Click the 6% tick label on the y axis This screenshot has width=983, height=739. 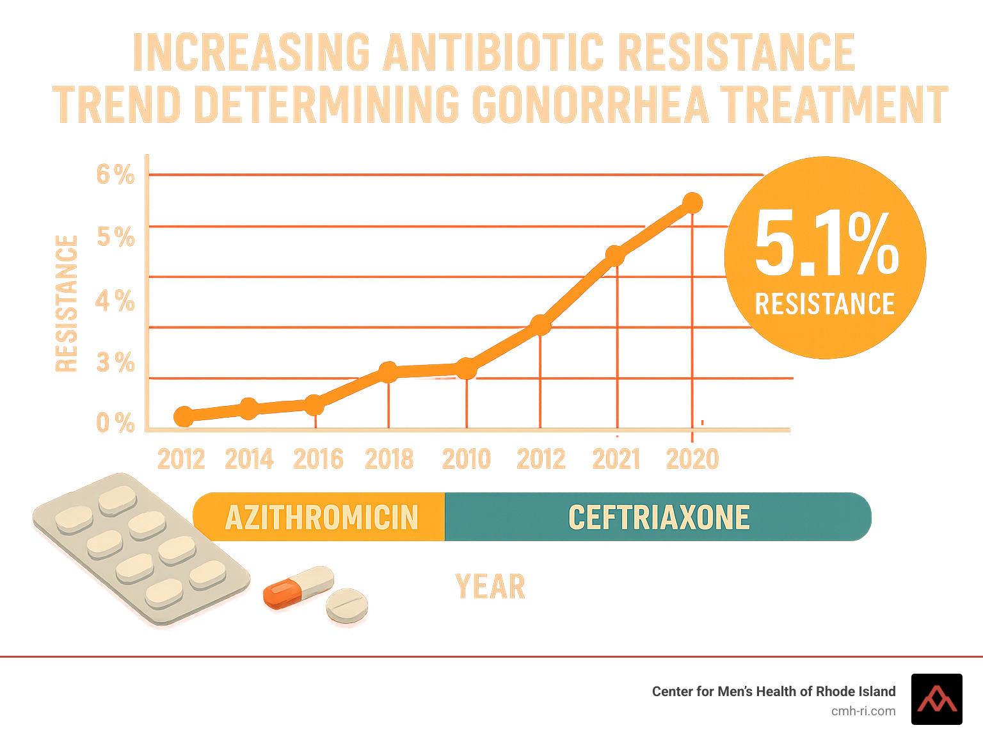click(x=115, y=174)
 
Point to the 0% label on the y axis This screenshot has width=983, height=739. click(x=115, y=423)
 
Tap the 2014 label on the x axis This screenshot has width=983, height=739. click(x=249, y=459)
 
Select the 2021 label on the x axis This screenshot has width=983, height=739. click(x=616, y=459)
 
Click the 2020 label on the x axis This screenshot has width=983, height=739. click(x=692, y=459)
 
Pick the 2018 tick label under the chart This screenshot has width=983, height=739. click(x=389, y=459)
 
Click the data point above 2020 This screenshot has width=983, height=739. click(x=692, y=203)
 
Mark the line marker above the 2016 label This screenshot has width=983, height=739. click(x=314, y=405)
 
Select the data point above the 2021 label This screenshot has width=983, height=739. click(x=615, y=256)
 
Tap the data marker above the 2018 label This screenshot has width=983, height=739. click(x=388, y=371)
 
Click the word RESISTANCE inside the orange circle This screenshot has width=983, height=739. click(x=825, y=304)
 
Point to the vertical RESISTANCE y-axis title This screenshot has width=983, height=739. click(x=67, y=304)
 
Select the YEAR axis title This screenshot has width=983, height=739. click(x=490, y=587)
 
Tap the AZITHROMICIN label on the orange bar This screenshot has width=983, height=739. click(x=321, y=517)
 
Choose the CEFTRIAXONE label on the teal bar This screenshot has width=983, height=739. click(x=659, y=517)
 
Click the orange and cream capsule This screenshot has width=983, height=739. click(x=298, y=587)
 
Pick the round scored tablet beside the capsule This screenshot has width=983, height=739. click(x=347, y=605)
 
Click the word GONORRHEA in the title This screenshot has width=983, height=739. click(x=590, y=104)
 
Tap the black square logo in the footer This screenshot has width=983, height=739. click(x=936, y=699)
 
